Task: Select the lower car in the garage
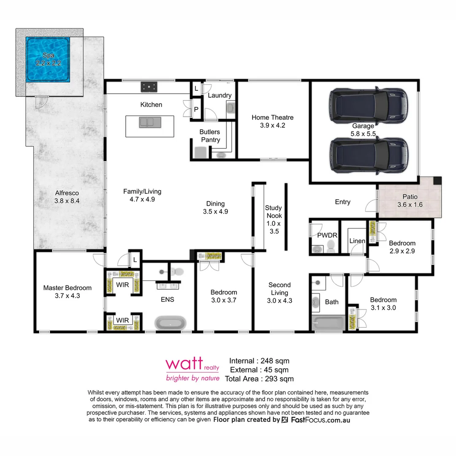coord(368,155)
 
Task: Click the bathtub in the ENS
coord(171,323)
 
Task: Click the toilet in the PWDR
coord(331,246)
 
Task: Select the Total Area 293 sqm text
coord(259,379)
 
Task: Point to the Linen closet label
coord(357,241)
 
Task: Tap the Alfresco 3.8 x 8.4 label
coord(67,197)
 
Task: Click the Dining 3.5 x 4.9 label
coord(215,208)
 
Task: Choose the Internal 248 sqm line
coord(259,361)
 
